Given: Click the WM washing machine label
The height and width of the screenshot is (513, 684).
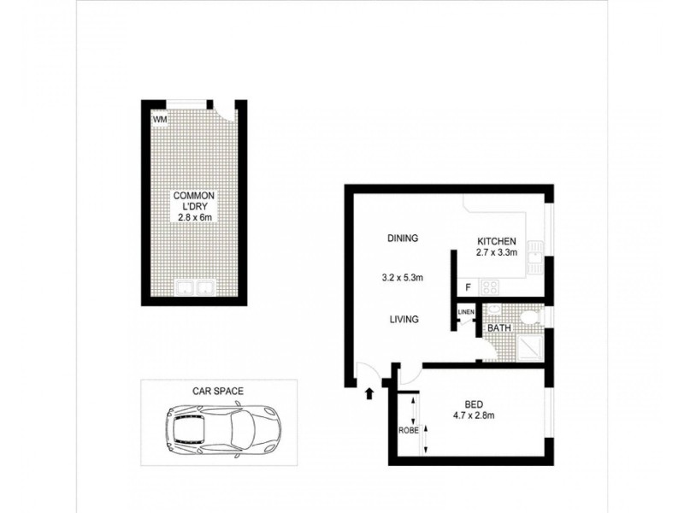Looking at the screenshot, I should point(159,120).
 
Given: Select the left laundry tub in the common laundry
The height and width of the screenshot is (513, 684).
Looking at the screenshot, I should point(183,288).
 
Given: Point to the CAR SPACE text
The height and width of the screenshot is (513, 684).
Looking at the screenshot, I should point(218,391).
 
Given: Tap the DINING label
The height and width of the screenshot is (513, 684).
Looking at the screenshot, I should point(402,239).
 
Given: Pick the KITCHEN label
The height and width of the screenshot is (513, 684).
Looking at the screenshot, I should point(497,241).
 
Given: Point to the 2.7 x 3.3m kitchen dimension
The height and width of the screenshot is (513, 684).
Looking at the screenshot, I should point(497,253).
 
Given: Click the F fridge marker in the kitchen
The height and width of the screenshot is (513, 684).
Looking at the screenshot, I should point(468,288).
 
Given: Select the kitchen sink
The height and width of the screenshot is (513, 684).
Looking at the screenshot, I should point(536,252).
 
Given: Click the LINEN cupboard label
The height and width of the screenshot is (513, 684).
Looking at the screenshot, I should point(466,312).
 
